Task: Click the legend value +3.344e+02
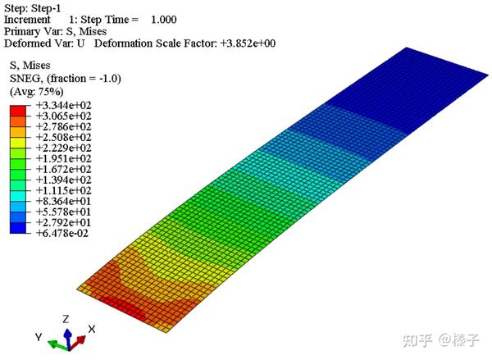(x=64, y=105)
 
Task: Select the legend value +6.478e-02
(x=62, y=233)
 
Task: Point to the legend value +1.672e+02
(x=64, y=169)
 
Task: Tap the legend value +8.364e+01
(x=64, y=201)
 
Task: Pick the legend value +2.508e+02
(x=64, y=137)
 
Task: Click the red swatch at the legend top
(x=18, y=111)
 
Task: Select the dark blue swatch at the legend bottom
(x=18, y=228)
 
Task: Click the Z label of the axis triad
(x=66, y=319)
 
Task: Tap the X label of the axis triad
(x=92, y=329)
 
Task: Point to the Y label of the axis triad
(x=39, y=337)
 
